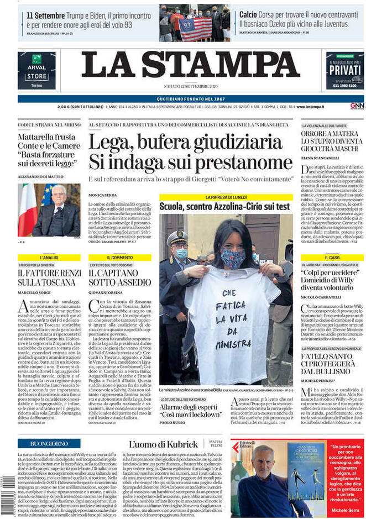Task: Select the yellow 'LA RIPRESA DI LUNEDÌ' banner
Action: tap(226, 197)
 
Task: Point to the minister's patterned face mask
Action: tap(233, 256)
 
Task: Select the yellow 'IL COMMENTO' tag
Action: tap(119, 258)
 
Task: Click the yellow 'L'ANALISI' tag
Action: tap(49, 258)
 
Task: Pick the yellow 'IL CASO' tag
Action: tap(332, 258)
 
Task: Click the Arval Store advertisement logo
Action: tap(36, 71)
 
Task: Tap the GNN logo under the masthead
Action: tap(357, 106)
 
